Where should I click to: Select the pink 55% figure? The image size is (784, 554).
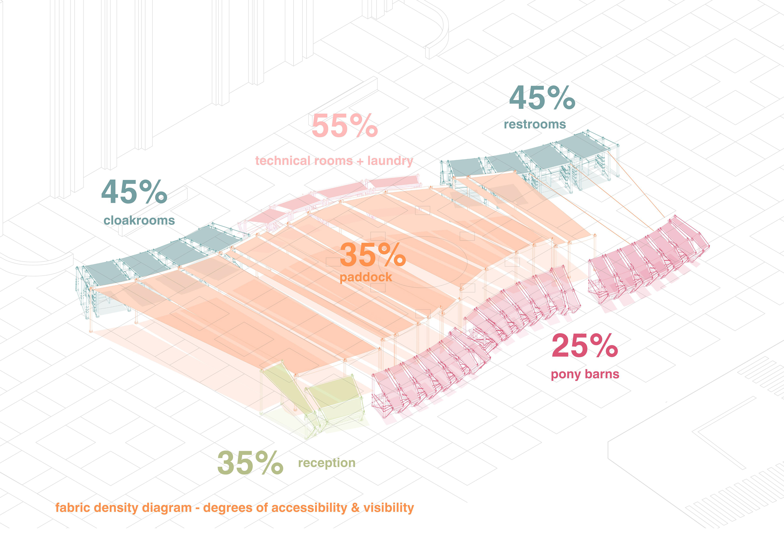tap(345, 126)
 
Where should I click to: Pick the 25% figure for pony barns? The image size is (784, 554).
tap(585, 346)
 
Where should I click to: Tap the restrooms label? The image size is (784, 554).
tap(535, 124)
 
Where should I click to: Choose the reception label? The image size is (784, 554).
tap(327, 463)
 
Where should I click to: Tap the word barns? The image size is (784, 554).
tap(602, 374)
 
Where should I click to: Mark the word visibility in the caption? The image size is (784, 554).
tap(389, 508)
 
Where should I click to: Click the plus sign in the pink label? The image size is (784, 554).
tap(360, 161)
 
